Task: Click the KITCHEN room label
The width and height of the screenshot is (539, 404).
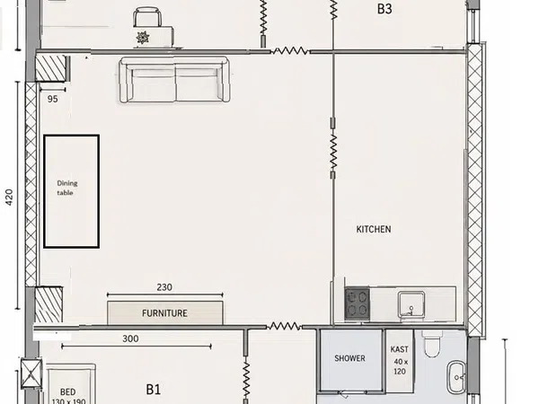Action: click(374, 229)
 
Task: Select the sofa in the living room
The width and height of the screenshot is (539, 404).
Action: click(174, 80)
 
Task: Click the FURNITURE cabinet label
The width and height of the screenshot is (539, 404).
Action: click(164, 313)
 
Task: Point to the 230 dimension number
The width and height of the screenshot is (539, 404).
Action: click(164, 287)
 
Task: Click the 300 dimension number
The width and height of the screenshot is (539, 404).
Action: click(130, 338)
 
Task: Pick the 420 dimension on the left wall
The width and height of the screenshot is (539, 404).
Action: click(9, 198)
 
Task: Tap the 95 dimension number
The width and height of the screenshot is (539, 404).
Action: click(53, 99)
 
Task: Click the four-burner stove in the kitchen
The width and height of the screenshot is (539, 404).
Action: click(358, 304)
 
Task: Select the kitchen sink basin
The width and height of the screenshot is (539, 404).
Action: click(411, 304)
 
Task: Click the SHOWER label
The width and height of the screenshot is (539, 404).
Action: click(349, 358)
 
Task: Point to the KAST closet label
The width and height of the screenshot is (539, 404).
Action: click(400, 349)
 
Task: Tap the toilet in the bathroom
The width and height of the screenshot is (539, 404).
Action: click(432, 345)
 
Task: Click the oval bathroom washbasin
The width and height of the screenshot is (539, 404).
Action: click(456, 377)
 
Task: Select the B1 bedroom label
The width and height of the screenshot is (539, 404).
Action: click(154, 390)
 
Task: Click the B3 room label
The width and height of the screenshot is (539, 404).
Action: click(384, 9)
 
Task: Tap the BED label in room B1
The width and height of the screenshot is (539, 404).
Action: click(67, 392)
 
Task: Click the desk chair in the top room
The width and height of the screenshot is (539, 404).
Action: click(147, 17)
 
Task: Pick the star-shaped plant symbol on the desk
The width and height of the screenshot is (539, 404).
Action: click(143, 37)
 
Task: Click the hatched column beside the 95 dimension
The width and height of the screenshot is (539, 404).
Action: click(51, 68)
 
